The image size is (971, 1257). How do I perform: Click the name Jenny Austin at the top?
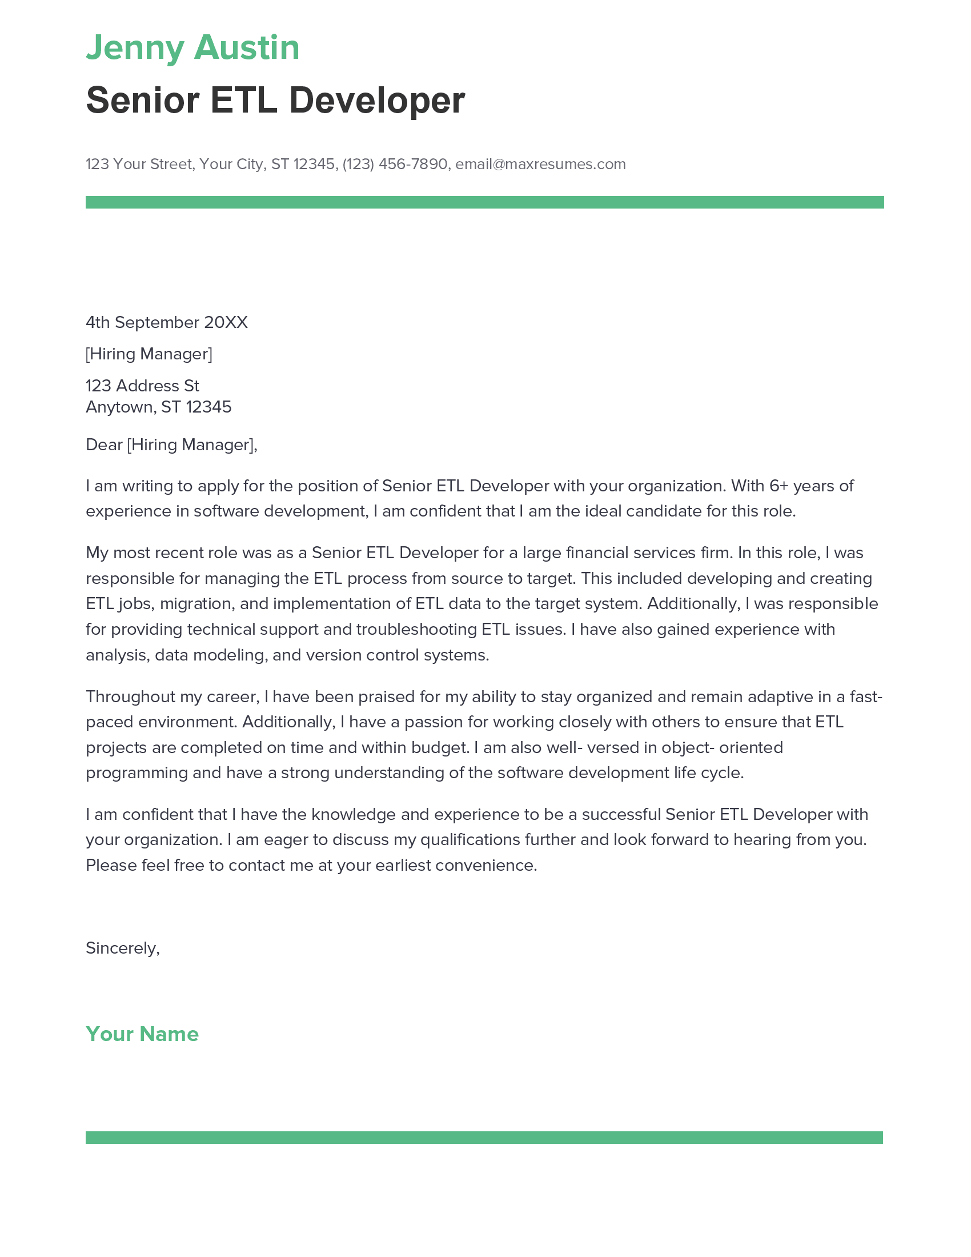[x=192, y=47]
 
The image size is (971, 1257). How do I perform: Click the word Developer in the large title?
[x=377, y=100]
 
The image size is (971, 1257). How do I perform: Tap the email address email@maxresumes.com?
[x=540, y=164]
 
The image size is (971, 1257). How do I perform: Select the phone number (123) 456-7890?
[x=395, y=164]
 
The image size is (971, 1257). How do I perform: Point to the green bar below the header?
[x=484, y=202]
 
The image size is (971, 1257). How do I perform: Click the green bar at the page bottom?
[x=484, y=1137]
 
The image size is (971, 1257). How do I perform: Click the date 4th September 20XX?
[x=166, y=322]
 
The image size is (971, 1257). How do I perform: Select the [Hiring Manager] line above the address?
[x=149, y=354]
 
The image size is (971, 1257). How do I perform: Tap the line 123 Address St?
[x=142, y=386]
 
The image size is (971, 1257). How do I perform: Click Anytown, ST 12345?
[x=158, y=407]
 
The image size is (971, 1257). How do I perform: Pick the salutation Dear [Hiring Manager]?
[x=171, y=445]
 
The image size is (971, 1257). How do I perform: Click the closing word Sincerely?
[x=123, y=948]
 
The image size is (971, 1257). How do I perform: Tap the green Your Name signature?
[x=142, y=1034]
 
